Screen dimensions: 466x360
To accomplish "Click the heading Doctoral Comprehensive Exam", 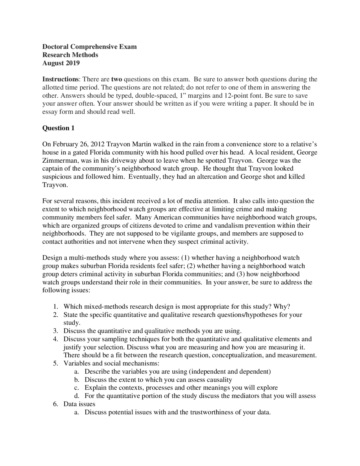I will (89, 47).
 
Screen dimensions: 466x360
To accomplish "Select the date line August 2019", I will (61, 63).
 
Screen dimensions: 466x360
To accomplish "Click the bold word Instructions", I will (60, 79).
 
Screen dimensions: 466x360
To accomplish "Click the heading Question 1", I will (58, 128).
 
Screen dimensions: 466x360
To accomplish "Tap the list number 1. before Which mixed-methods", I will (56, 307).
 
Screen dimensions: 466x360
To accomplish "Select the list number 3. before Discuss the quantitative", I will (56, 331).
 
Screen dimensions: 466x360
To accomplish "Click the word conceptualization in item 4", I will (237, 355).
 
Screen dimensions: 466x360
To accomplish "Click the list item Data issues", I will (79, 404).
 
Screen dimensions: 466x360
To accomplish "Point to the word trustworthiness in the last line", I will (211, 413).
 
